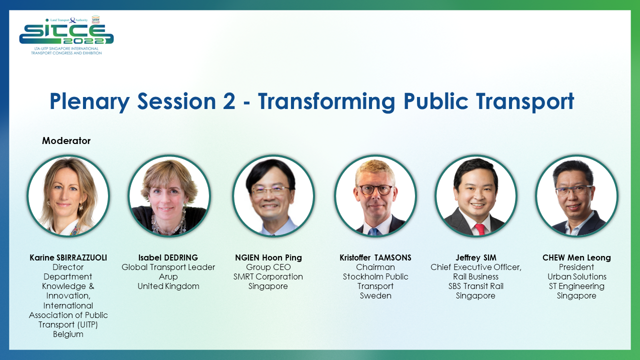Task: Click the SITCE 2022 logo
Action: pos(66,35)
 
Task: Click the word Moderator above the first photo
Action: pos(66,141)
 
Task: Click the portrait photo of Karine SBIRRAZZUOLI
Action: pos(68,195)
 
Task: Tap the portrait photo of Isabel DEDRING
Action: pos(169,195)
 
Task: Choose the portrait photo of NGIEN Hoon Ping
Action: pos(273,195)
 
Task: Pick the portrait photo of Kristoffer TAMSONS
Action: pos(375,195)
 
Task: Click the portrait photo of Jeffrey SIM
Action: pos(475,195)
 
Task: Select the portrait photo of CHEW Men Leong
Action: pos(576,195)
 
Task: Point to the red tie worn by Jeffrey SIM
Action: pos(479,229)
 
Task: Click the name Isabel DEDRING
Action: pos(168,258)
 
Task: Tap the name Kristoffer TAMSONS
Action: pos(375,258)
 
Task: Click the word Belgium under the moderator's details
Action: pos(68,334)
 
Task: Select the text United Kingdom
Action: pos(168,286)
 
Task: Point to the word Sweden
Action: pos(375,296)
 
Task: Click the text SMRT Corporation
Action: pos(268,277)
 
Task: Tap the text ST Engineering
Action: pos(576,286)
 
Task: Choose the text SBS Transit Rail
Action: pos(475,286)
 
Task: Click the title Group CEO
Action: pos(268,267)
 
